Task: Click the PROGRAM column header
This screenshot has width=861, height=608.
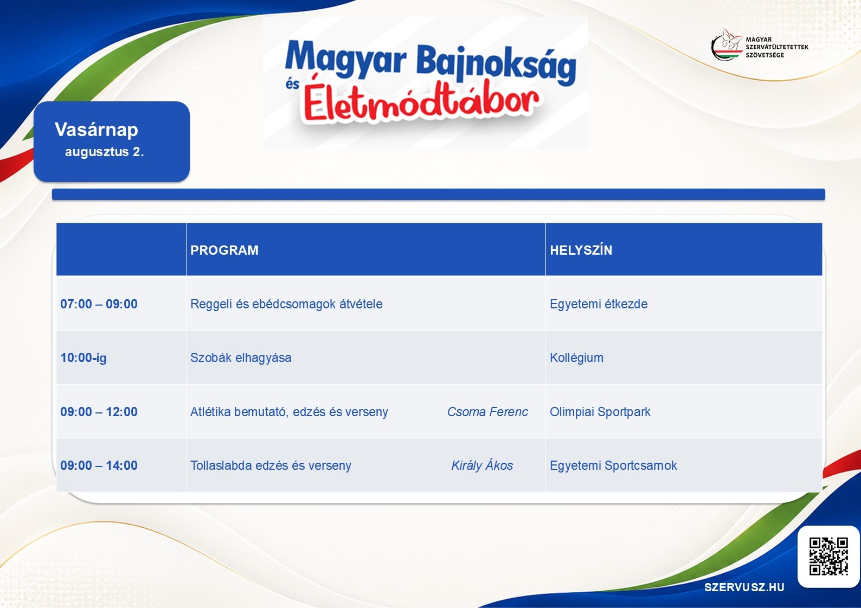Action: pyautogui.click(x=224, y=250)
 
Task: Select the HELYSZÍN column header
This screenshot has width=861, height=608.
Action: pyautogui.click(x=581, y=250)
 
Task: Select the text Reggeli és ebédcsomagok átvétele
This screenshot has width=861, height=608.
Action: pyautogui.click(x=286, y=304)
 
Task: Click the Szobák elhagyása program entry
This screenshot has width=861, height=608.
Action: pyautogui.click(x=241, y=358)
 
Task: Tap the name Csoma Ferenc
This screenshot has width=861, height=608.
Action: pyautogui.click(x=487, y=412)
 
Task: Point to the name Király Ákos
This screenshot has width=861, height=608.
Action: pyautogui.click(x=482, y=465)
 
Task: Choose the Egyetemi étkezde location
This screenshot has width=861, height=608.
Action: pyautogui.click(x=599, y=304)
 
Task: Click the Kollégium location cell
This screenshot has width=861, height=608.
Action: pyautogui.click(x=576, y=358)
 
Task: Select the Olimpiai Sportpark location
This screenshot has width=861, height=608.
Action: pyautogui.click(x=600, y=412)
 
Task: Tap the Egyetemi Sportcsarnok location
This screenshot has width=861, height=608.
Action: pyautogui.click(x=613, y=465)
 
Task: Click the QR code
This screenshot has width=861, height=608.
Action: pyautogui.click(x=828, y=556)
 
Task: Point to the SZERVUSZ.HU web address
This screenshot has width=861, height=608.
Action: pyautogui.click(x=744, y=587)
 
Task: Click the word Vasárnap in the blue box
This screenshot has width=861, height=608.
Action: pyautogui.click(x=96, y=130)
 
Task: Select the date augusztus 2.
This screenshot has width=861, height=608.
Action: pyautogui.click(x=104, y=152)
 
